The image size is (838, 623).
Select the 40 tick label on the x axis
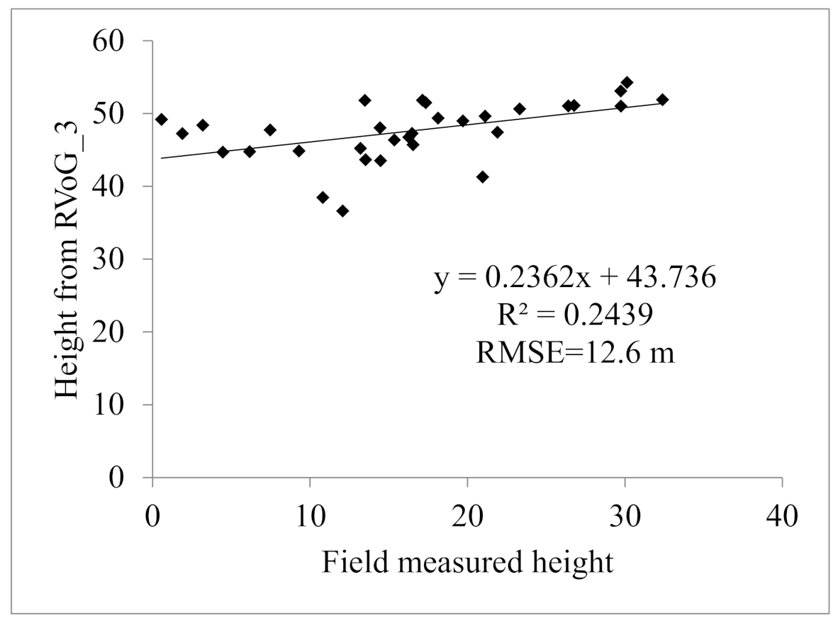point(781,515)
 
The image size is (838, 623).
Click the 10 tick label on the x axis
point(310,515)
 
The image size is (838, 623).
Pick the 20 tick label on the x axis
point(467,515)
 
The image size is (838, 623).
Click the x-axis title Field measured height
point(467,562)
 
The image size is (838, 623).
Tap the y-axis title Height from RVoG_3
point(69,259)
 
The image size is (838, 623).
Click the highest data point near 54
point(627,83)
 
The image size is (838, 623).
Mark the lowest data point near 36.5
point(342,211)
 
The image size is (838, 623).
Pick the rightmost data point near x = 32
point(662,100)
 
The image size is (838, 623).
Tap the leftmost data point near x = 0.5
point(161,119)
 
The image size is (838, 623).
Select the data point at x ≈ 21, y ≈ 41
point(482,176)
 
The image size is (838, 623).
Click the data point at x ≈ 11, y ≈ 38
point(323,198)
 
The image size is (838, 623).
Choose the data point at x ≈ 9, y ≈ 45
point(298,151)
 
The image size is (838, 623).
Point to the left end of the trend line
point(162,158)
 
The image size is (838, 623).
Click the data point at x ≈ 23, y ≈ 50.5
point(520,109)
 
